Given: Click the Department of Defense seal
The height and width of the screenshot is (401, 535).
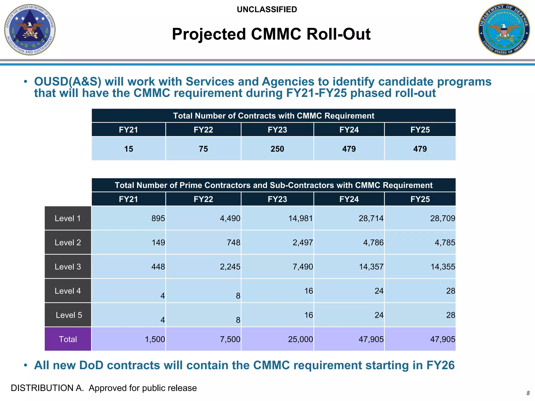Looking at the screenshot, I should [504, 29].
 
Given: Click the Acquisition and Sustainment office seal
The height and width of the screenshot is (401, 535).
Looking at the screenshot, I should [30, 30].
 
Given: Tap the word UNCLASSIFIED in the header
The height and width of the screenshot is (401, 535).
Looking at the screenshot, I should [267, 9].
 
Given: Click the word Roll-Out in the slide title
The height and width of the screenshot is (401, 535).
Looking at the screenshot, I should [338, 34].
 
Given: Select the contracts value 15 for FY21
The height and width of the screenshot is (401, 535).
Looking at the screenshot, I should [129, 149].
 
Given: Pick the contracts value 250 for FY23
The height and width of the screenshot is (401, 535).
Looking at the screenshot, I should [277, 149].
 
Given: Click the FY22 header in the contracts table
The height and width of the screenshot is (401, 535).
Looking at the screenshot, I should [203, 130].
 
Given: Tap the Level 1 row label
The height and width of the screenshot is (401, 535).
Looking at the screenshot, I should [68, 218].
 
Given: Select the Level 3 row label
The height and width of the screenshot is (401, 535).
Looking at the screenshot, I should [68, 267].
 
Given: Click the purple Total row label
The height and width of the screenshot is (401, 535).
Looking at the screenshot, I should [68, 339].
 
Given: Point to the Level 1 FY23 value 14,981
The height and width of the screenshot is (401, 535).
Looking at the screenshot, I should [300, 218].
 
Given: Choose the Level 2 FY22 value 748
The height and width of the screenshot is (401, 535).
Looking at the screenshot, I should [234, 243].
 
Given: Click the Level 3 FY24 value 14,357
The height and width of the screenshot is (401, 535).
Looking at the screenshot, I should [371, 267].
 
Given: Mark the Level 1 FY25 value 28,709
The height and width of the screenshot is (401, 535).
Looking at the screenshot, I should [443, 218].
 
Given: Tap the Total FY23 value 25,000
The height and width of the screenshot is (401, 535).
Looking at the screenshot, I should [300, 339].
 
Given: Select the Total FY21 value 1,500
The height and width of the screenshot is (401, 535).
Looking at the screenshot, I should [155, 339].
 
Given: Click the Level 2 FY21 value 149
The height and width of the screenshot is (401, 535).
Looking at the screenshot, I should [158, 243].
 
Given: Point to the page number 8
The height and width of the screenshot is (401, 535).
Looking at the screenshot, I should [528, 393].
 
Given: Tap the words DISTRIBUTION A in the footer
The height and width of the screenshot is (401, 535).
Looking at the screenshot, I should [47, 388].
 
